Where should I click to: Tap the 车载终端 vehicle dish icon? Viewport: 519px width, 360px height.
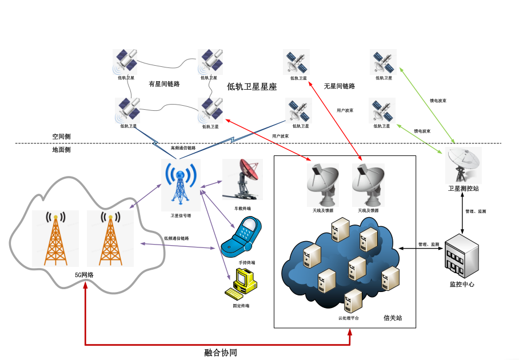(243, 179)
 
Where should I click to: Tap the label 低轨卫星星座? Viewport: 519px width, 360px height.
(251, 87)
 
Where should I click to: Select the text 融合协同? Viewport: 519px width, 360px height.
(220, 352)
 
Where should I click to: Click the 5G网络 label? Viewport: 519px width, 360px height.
(84, 275)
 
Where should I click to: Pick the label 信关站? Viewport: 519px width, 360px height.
(392, 318)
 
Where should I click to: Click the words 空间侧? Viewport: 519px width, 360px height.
(61, 137)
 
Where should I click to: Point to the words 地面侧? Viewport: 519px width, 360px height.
(61, 150)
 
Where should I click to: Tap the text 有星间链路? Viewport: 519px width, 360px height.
(164, 84)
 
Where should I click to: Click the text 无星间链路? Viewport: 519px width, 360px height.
(340, 86)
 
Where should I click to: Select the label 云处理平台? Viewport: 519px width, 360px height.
(349, 318)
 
